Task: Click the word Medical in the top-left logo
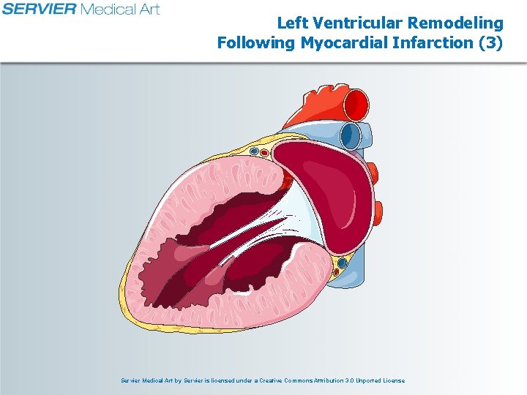[110, 10]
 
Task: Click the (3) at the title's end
[490, 42]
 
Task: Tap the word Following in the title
[255, 42]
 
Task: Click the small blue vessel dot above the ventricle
[254, 151]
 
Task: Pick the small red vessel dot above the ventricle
[264, 154]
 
